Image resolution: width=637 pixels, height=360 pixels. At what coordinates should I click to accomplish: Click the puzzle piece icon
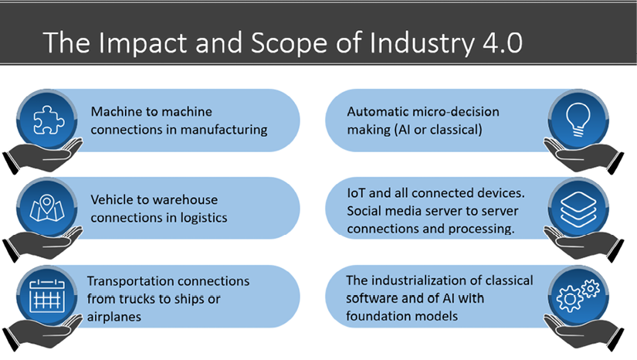point(48,120)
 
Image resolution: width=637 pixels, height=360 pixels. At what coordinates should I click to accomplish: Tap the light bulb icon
point(578,120)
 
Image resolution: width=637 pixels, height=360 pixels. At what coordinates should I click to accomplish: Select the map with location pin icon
point(47,208)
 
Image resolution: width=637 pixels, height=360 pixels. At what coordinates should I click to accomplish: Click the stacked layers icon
point(578,209)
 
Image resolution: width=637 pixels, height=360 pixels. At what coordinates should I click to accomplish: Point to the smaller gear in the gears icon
point(590,289)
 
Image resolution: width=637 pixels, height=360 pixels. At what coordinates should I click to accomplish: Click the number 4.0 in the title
point(503,42)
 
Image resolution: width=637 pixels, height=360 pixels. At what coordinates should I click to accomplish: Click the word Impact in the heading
point(143,43)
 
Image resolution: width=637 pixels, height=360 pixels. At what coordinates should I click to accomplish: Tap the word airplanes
point(114,318)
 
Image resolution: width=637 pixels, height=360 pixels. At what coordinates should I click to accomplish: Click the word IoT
point(356,193)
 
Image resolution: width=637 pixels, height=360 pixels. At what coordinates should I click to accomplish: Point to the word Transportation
point(130,281)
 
